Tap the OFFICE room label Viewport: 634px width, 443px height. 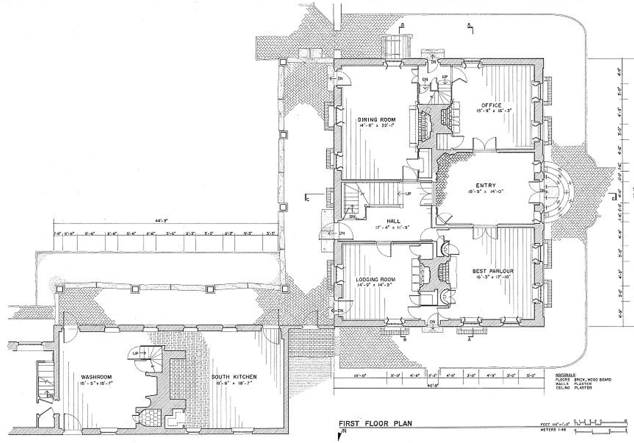click(x=491, y=105)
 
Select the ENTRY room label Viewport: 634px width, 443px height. click(x=486, y=185)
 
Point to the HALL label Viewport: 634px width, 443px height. click(x=393, y=221)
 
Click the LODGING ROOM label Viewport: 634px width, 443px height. click(x=375, y=279)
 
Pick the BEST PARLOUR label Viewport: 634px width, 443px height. click(x=493, y=271)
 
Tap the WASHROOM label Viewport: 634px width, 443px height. click(x=96, y=377)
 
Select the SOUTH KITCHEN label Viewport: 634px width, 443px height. click(x=234, y=377)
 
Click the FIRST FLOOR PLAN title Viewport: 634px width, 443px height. click(x=375, y=424)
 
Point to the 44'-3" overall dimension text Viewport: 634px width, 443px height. click(x=162, y=221)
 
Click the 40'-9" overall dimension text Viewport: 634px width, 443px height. click(x=430, y=386)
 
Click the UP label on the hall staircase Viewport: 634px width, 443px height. click(x=408, y=194)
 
